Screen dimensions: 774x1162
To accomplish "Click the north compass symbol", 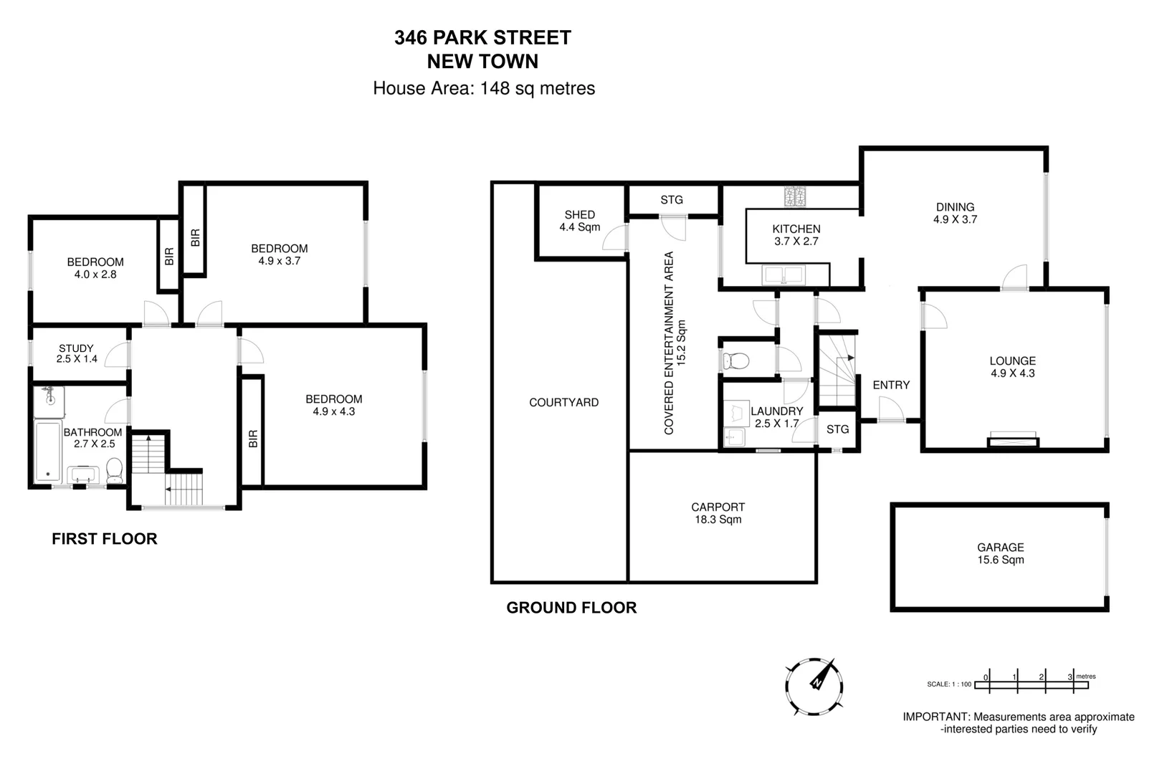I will tap(814, 686).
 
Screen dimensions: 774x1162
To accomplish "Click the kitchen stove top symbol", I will tap(795, 196).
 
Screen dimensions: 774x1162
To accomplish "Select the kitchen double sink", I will tap(784, 274).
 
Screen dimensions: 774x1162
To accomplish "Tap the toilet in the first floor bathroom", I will tap(114, 470).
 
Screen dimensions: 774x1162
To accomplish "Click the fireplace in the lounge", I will tap(1012, 440).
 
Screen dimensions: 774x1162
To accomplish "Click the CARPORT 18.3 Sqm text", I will tap(718, 513).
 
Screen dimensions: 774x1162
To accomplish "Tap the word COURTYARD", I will tap(563, 403).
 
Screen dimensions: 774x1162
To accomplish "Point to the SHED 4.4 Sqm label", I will tap(579, 221).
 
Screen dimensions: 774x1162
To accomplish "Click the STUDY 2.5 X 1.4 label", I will tap(77, 353).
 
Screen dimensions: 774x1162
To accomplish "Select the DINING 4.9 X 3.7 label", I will tap(955, 213).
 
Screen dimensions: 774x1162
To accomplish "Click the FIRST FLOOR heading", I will tap(104, 539).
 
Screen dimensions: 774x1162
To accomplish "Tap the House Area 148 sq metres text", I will tap(484, 88).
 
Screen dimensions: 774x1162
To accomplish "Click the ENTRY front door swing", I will tap(891, 410).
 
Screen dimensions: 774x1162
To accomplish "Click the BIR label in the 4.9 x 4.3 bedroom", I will tap(252, 439).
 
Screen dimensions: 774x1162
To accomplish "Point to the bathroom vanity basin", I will tap(82, 474).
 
